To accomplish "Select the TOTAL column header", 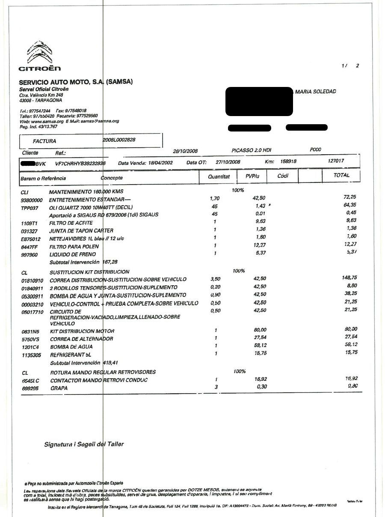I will pos(341,175).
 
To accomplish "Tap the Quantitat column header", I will pos(219,176).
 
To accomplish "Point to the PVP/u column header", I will pos(252,176).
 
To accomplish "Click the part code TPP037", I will pos(30,207).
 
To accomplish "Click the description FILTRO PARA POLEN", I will pos(74,247).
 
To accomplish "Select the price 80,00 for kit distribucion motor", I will pos(260,330).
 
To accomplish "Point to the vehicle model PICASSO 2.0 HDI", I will pos(251,150).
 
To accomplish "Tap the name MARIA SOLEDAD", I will pos(316,92).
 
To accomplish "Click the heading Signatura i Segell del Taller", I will pos(84,444).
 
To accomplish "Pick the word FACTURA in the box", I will pos(44,141).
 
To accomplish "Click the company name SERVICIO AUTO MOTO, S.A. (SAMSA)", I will pos(76,82).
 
